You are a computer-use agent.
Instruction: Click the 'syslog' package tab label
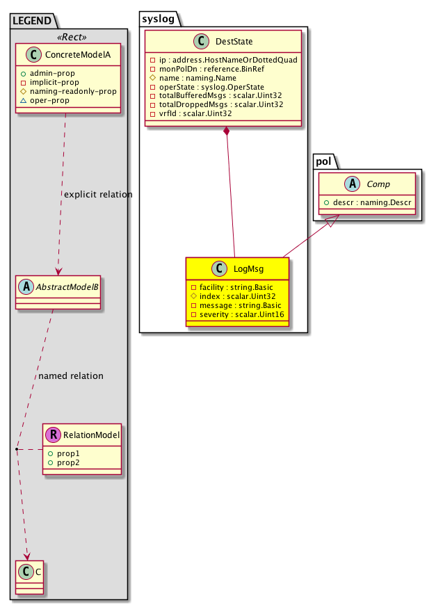click(158, 19)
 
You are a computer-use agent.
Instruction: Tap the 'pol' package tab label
click(323, 161)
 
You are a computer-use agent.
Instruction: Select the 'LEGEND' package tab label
click(32, 21)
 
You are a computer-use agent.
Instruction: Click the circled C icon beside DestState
click(202, 41)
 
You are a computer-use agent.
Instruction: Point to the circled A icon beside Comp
click(353, 184)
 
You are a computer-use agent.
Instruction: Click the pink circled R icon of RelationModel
click(54, 435)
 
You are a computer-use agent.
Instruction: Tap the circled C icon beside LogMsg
click(220, 268)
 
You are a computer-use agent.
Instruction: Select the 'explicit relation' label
click(98, 194)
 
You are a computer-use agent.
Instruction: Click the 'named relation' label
click(71, 376)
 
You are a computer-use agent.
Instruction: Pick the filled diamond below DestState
click(226, 131)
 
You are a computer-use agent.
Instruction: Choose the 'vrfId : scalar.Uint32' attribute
click(195, 113)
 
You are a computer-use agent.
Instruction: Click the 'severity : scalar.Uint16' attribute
click(241, 314)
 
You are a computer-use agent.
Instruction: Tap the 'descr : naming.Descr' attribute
click(372, 202)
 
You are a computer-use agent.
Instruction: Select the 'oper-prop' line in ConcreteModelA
click(49, 100)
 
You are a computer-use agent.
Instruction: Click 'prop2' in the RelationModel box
click(68, 462)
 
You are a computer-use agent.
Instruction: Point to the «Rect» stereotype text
click(72, 37)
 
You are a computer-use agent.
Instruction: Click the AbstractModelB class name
click(67, 287)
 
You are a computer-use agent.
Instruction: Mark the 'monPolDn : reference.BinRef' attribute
click(212, 69)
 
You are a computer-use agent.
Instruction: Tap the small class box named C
click(29, 577)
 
